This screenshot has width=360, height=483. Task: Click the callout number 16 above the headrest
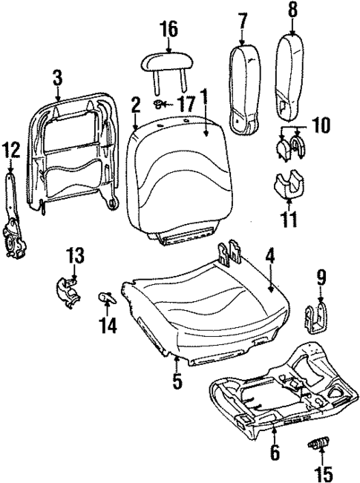pos(168,30)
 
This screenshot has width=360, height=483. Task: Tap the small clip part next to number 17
pos(160,102)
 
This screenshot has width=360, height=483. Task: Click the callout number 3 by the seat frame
pos(57,76)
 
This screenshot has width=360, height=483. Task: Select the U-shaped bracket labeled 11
pos(290,185)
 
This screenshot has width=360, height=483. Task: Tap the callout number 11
pos(290,219)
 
